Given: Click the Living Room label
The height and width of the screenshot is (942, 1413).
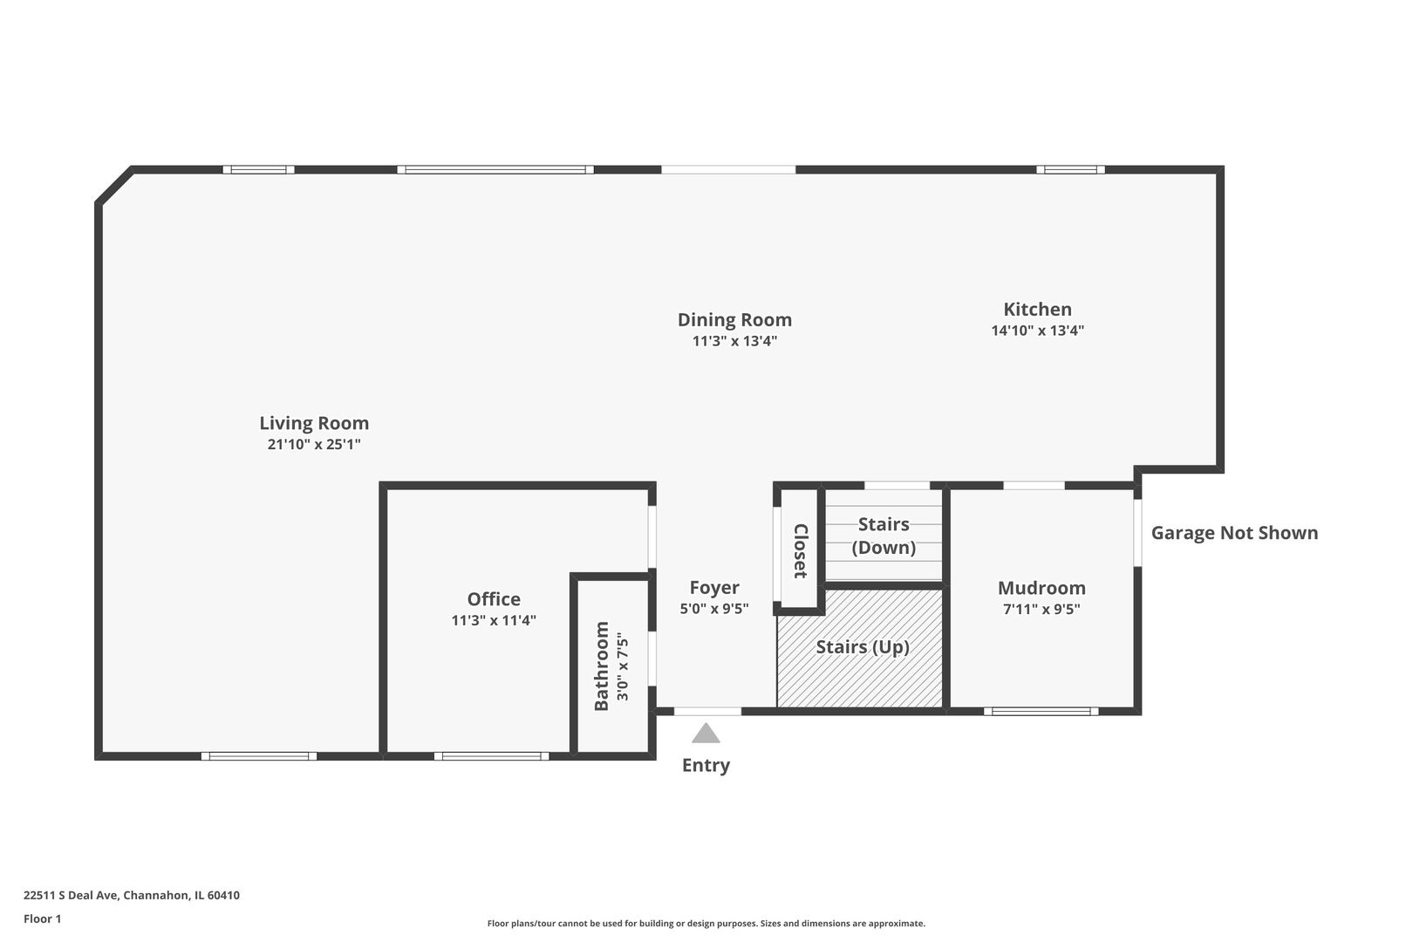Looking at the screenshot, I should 314,423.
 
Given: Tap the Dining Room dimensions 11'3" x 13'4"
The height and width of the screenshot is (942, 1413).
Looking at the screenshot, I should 734,341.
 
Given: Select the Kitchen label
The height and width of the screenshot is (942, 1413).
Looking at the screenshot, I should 1037,309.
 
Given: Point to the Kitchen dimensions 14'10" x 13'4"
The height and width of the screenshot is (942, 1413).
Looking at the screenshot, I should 1037,331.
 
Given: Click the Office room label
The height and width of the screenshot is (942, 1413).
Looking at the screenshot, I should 494,599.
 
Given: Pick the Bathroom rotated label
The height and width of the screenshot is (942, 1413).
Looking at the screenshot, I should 602,666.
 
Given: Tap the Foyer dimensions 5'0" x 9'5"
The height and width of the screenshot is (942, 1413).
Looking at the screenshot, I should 714,609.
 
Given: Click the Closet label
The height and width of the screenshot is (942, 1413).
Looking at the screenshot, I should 800,550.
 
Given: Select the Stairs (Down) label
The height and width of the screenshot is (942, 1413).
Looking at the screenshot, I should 884,536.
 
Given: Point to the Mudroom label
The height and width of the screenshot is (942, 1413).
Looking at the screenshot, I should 1041,588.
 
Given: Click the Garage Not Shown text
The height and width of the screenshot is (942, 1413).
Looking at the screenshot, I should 1234,533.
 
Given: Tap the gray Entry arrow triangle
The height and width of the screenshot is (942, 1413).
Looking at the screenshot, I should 706,734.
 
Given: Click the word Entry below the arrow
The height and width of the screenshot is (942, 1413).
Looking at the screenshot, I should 706,765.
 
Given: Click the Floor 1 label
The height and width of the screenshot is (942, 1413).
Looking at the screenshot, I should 42,918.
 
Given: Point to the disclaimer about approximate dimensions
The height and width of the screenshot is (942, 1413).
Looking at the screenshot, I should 706,923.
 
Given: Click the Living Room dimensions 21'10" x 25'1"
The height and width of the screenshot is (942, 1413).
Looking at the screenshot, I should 314,445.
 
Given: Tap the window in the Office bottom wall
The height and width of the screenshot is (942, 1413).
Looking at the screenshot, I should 492,756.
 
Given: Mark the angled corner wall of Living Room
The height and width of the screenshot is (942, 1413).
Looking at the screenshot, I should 114,186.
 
